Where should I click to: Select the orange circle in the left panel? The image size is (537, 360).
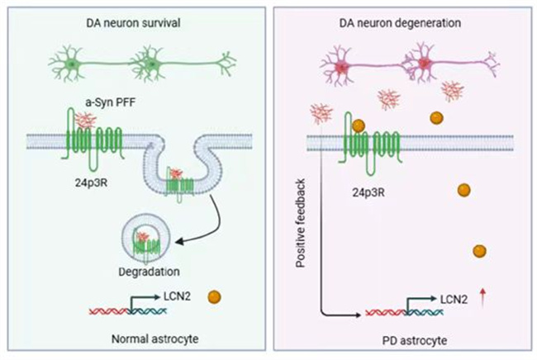click(216, 295)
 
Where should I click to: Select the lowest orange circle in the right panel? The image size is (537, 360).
click(479, 251)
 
